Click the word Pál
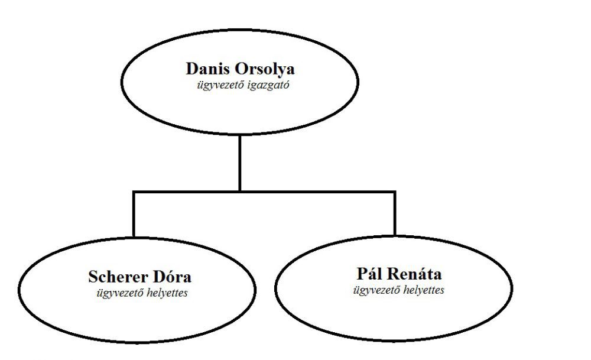click(x=369, y=274)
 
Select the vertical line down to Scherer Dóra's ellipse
click(x=134, y=214)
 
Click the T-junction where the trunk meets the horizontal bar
click(x=240, y=192)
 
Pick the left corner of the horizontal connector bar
click(x=134, y=192)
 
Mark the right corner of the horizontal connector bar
click(x=394, y=192)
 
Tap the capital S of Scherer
click(x=93, y=277)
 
